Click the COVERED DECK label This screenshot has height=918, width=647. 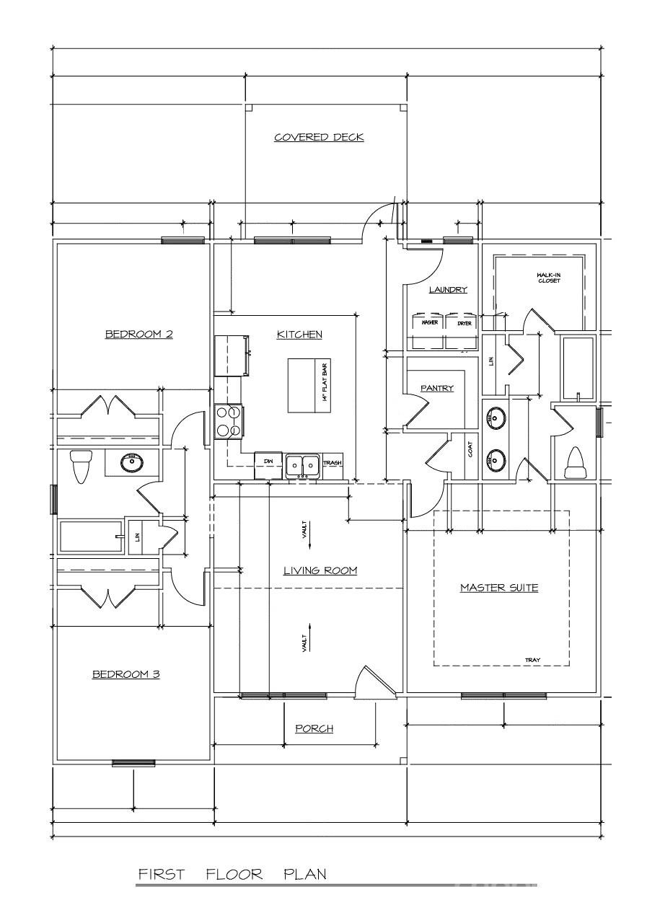click(319, 137)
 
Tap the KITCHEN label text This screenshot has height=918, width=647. click(299, 335)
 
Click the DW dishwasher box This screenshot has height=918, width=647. click(268, 462)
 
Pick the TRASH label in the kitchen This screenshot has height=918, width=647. click(332, 463)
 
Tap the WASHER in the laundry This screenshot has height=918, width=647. click(429, 324)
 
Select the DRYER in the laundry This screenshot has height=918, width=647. click(465, 324)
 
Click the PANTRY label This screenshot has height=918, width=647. click(437, 388)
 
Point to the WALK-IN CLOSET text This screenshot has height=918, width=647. click(548, 278)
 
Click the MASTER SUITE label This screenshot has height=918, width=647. click(499, 588)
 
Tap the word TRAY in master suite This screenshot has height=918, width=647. click(532, 660)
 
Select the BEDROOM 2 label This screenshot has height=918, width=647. click(138, 334)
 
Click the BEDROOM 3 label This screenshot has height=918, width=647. click(126, 674)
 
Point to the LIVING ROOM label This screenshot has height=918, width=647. click(320, 570)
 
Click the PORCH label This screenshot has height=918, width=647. click(314, 728)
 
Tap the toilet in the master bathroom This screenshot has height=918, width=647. click(575, 464)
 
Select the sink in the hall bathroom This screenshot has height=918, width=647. click(131, 462)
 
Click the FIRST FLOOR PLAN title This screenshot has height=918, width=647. click(232, 875)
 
